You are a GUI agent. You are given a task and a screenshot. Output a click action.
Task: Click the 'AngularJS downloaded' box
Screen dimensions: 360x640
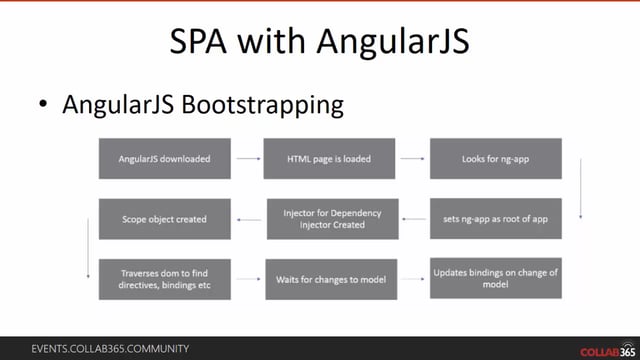click(165, 158)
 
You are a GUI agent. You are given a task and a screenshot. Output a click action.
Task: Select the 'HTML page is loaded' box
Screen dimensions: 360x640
click(330, 158)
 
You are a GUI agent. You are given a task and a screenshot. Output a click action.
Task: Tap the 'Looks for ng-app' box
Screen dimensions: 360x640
click(495, 158)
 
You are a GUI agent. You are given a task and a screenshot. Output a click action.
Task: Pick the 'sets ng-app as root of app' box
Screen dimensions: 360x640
click(495, 218)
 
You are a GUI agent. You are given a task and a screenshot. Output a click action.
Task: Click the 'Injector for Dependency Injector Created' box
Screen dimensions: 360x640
click(331, 218)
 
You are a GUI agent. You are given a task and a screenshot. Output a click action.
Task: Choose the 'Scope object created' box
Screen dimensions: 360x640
click(165, 218)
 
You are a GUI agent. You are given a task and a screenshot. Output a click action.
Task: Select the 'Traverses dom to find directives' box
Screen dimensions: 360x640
click(165, 279)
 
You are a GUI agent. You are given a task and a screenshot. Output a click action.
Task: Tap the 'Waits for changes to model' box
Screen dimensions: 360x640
click(331, 279)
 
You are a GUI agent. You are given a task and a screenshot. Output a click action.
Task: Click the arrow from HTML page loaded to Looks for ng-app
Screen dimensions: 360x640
click(412, 157)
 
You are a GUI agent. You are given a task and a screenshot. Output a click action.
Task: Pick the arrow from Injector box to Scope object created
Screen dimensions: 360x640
click(248, 217)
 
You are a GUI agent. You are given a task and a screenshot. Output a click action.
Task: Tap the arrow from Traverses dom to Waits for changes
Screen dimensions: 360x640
click(248, 279)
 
